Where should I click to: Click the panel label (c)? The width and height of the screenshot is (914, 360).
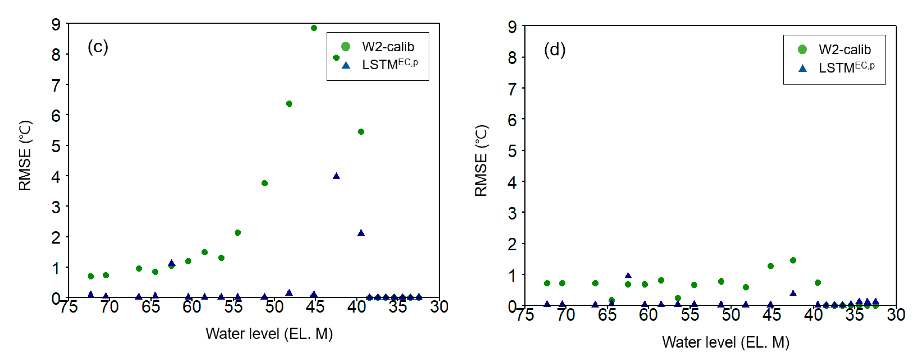(98, 47)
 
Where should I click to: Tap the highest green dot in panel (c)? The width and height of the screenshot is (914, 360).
(314, 28)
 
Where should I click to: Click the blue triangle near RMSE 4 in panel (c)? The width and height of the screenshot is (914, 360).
(336, 176)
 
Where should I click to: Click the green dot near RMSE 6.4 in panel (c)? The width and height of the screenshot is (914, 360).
(289, 103)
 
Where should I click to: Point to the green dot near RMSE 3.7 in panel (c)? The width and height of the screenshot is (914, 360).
(264, 183)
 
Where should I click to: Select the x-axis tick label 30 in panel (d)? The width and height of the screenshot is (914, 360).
(896, 315)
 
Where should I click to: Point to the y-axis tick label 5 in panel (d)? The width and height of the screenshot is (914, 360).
(512, 151)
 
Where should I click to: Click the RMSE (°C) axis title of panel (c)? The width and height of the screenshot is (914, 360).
(25, 156)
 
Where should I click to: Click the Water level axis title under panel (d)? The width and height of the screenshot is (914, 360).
(726, 342)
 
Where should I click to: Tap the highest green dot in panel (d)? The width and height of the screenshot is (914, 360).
(793, 260)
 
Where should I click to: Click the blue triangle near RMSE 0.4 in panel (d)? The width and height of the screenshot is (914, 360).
(793, 293)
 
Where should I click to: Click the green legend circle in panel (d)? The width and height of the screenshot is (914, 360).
(802, 49)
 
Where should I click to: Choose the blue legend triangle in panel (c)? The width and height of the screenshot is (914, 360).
(346, 65)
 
